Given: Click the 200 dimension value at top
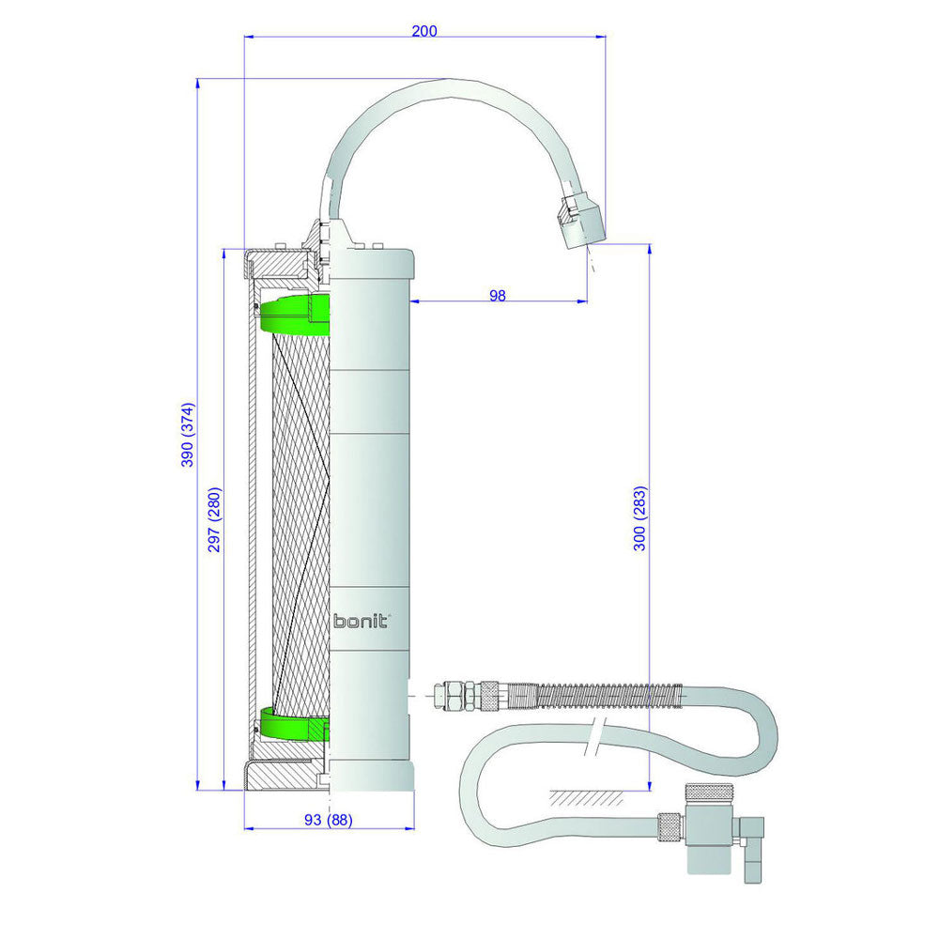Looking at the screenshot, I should click(x=424, y=31).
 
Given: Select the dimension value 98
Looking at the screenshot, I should click(x=498, y=295).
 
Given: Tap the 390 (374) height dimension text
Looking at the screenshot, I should click(x=188, y=435).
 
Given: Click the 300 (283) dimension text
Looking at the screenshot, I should click(x=639, y=518).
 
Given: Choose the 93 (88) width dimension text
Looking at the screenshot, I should click(x=329, y=820).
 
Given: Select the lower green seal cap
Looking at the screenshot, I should click(x=292, y=725).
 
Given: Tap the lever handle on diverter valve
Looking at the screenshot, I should click(x=752, y=850).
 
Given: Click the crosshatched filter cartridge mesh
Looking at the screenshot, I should click(x=300, y=526).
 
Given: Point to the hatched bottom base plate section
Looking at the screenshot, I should click(x=282, y=776).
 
